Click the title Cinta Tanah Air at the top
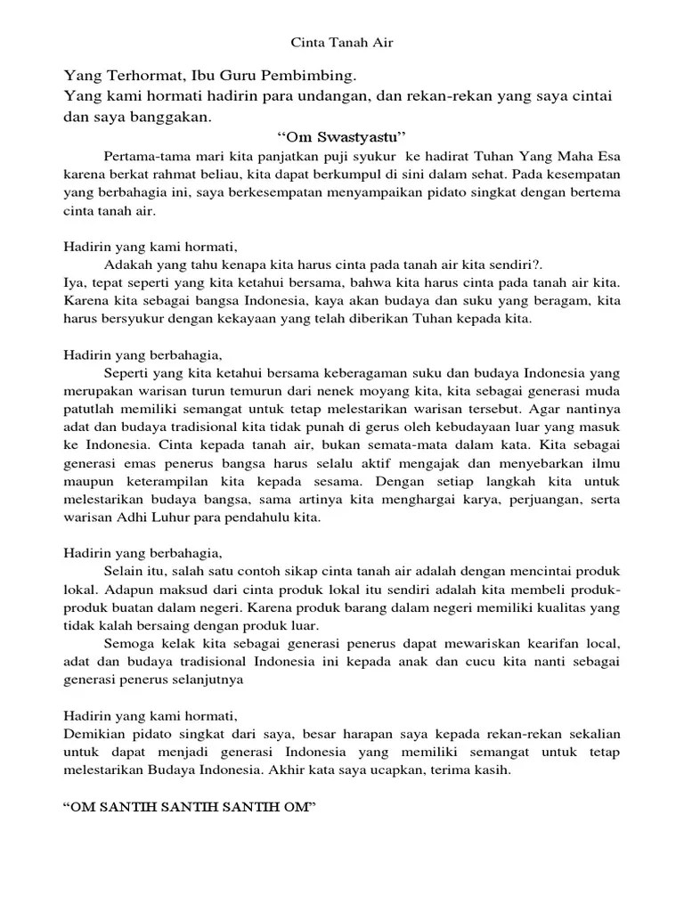[342, 41]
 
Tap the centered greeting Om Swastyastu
[342, 136]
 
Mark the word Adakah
[130, 265]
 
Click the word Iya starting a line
[74, 282]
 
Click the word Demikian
[97, 734]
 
